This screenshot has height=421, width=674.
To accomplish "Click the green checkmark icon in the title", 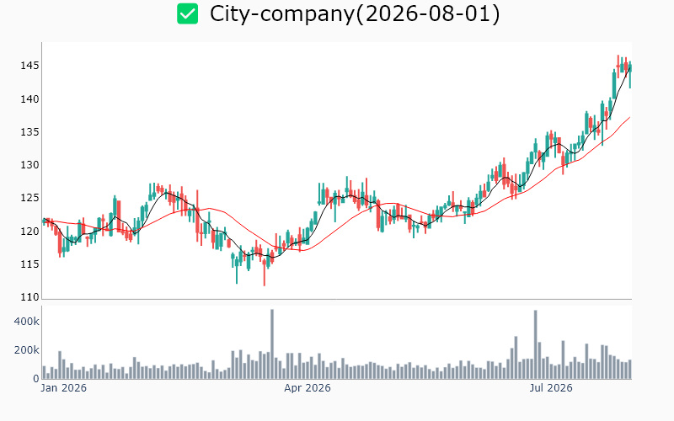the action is point(187,13).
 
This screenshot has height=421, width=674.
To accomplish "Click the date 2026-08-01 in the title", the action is point(428,13).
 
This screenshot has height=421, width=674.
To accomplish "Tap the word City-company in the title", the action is point(282,14).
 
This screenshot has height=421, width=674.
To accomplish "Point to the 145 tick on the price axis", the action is point(29,66).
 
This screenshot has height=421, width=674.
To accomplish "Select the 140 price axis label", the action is point(29,99).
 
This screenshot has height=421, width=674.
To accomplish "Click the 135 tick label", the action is point(29,132).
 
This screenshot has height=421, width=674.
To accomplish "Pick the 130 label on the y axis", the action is point(29,165).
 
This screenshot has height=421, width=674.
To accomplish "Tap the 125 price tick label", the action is point(29,198).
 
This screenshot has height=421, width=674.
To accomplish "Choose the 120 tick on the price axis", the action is point(29,231).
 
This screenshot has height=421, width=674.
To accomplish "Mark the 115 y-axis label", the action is point(29,264).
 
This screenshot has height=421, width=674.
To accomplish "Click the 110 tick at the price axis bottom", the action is point(29,297).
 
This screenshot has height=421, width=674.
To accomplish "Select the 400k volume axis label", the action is point(27,322).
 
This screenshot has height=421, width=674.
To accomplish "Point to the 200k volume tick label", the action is point(27,350).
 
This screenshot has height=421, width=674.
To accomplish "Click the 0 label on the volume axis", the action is point(36,379).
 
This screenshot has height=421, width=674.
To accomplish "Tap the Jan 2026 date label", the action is point(64,388).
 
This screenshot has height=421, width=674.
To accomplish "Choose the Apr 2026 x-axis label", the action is point(308,388).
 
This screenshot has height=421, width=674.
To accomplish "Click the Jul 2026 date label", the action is point(551,388).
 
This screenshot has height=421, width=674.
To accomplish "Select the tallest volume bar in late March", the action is point(272,344).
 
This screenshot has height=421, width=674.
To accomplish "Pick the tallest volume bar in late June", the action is point(536,344).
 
